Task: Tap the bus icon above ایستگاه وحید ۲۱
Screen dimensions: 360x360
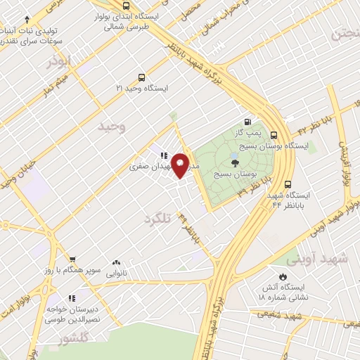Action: [x=142, y=77]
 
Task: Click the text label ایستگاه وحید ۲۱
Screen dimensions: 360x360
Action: [x=142, y=88]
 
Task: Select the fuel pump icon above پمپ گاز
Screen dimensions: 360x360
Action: [x=247, y=120]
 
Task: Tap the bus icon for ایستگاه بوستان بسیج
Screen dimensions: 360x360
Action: [x=274, y=135]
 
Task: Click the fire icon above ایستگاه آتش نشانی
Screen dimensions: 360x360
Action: [x=283, y=276]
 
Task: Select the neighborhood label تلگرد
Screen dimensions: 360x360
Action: [x=157, y=219]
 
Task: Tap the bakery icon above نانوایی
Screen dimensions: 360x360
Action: [x=115, y=262]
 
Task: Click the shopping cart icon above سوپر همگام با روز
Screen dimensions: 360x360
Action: [x=72, y=259]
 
